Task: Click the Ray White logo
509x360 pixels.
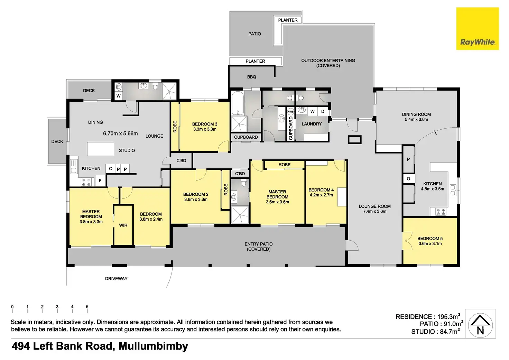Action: pos(478,29)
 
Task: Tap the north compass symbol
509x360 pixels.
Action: pos(480,325)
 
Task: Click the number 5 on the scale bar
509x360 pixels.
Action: pos(87,307)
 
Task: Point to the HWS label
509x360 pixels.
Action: pos(290,112)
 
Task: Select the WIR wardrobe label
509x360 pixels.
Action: pos(123,225)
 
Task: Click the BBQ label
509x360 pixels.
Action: pos(251,77)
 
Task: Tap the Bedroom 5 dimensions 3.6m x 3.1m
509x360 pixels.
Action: pos(430,244)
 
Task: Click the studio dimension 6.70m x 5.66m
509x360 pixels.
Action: pos(120,133)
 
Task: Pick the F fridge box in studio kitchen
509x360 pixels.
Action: pos(100,181)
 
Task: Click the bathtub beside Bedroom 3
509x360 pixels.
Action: pos(238,103)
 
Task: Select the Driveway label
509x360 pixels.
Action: pos(116,279)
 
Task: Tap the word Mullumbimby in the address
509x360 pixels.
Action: pos(154,346)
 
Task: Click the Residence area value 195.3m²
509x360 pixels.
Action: pos(447,316)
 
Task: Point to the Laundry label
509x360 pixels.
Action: pos(312,124)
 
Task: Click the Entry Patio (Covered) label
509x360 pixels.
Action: pos(259,247)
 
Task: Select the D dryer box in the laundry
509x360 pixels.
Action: pos(323,112)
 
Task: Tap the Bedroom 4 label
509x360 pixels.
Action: pos(321,190)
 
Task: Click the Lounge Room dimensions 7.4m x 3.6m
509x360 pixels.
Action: pos(375,211)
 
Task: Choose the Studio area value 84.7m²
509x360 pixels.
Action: pos(450,332)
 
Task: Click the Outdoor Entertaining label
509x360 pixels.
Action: pos(328,61)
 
